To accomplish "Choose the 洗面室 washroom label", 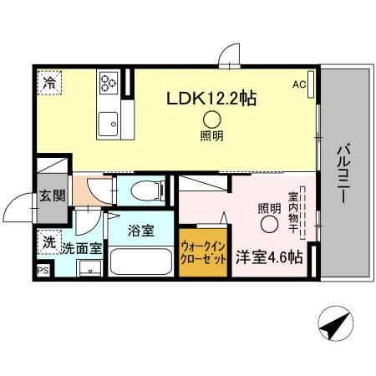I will click(x=81, y=248).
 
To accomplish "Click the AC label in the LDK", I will click(x=299, y=84).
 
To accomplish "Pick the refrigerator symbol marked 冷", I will click(x=51, y=83).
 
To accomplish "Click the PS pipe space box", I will click(x=43, y=271).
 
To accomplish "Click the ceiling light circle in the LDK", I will click(x=211, y=119).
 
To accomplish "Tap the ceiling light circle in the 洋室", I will click(x=268, y=224).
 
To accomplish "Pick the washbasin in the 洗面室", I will click(x=86, y=269).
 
